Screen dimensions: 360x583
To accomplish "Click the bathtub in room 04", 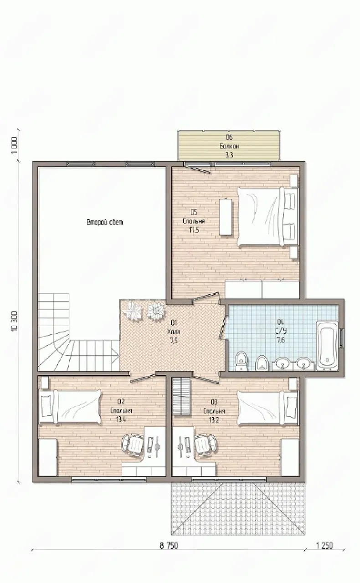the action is (327, 346).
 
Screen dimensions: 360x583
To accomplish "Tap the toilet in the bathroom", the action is (241, 361).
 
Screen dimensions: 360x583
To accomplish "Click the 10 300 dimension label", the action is (14, 321).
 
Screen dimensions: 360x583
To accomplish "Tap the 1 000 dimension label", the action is (14, 145).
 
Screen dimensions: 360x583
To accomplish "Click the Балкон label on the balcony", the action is (229, 146).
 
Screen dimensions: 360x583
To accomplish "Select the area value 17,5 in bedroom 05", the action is (194, 230).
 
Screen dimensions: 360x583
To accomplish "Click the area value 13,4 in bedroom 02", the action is (121, 419).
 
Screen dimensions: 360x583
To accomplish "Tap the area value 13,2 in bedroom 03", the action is (214, 420).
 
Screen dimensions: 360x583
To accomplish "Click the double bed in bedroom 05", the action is (267, 216).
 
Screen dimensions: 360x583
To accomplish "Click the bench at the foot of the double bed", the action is (225, 216).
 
